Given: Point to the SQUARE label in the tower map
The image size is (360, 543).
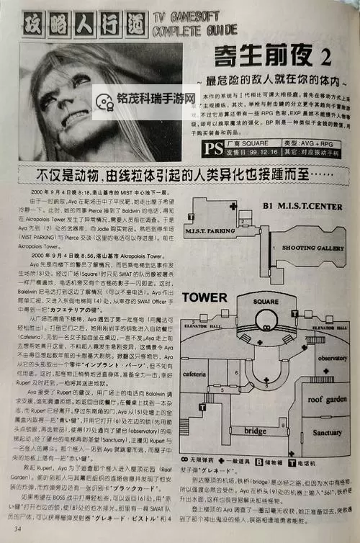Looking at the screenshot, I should (266, 302).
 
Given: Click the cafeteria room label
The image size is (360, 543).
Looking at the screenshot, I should (195, 374).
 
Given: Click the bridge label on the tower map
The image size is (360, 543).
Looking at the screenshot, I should (255, 430).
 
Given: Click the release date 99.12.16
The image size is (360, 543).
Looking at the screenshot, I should (253, 153).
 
